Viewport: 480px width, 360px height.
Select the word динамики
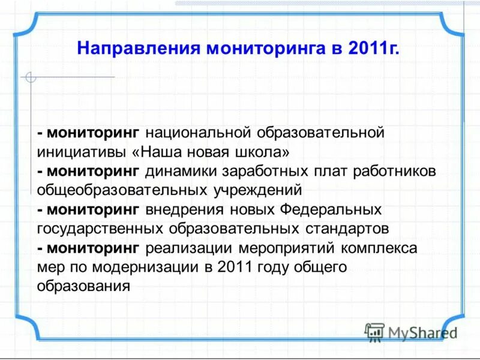tap(181, 171)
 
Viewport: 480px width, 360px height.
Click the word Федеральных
tap(330, 210)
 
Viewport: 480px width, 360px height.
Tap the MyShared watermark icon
tap(374, 332)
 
